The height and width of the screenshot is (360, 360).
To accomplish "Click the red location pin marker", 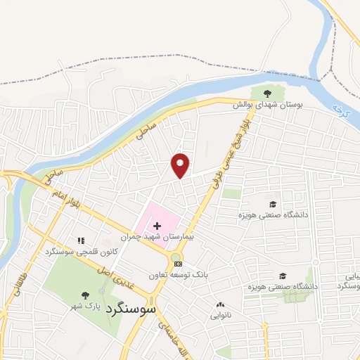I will (181, 165).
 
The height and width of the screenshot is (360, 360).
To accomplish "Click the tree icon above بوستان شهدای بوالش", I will (266, 93).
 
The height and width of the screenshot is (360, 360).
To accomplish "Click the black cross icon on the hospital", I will (157, 226).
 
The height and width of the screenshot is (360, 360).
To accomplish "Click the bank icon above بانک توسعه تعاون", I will (178, 264).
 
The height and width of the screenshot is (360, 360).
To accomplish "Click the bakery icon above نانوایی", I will (221, 305).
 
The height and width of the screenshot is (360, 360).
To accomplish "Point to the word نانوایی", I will (221, 316).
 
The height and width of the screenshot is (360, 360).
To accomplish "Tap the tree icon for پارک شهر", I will (86, 295).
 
